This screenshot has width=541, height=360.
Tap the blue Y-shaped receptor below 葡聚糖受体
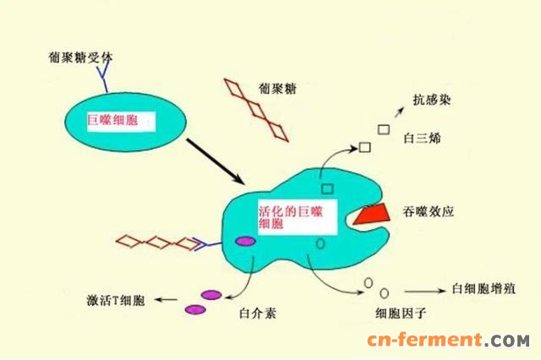coord(104,80)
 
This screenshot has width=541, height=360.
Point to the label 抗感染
coord(431,100)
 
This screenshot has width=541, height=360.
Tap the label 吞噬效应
coord(431,212)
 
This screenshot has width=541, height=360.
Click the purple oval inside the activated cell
coord(246,242)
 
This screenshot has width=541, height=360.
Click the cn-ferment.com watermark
coord(447,341)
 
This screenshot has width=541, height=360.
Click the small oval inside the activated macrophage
coord(320,243)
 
